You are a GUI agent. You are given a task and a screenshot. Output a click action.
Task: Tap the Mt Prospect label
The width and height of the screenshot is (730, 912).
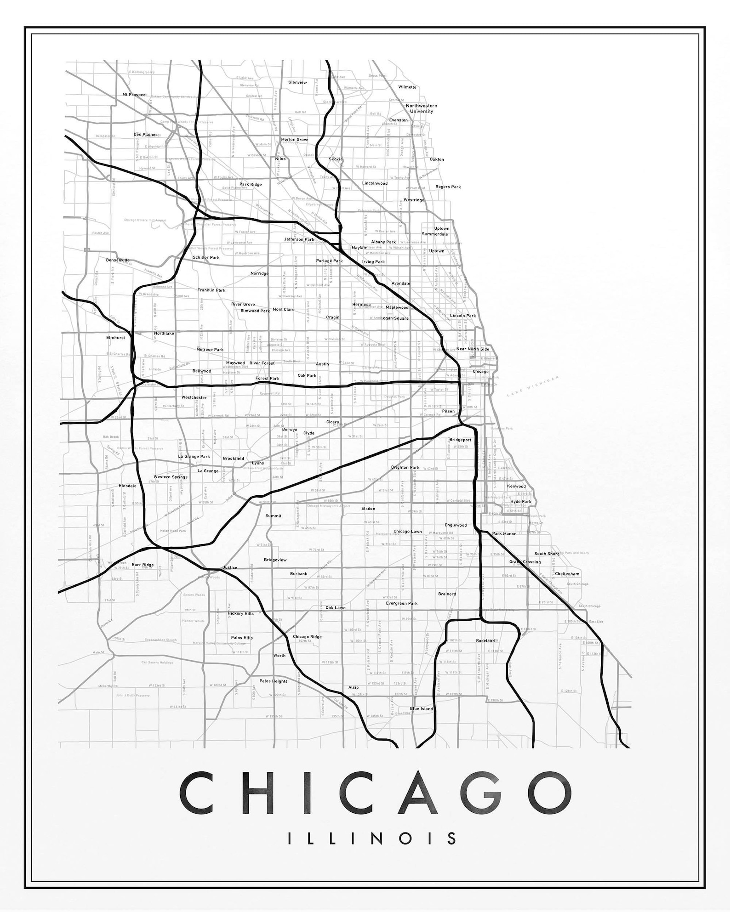tap(135, 95)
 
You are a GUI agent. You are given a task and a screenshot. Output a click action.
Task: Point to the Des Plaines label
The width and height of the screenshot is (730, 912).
tap(145, 135)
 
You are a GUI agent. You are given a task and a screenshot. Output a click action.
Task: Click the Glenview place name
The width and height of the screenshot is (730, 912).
tap(297, 83)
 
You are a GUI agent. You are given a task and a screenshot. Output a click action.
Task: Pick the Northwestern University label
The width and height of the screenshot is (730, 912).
tap(421, 108)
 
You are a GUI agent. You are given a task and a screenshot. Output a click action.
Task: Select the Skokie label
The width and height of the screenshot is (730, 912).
tap(336, 159)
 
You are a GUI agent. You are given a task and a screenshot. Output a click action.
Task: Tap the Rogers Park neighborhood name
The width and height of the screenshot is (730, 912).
tap(448, 187)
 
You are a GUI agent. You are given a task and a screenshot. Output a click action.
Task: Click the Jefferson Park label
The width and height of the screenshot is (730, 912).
tap(299, 239)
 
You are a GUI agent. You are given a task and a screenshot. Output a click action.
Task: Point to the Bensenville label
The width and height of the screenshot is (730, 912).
tap(118, 260)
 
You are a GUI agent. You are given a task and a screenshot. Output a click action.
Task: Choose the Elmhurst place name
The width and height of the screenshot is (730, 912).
tap(115, 338)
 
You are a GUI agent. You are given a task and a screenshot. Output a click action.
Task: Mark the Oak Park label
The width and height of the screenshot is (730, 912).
tap(307, 375)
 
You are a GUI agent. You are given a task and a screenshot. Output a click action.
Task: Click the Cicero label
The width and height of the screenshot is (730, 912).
tap(333, 422)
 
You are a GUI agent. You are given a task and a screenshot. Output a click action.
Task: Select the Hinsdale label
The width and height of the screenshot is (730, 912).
tap(127, 486)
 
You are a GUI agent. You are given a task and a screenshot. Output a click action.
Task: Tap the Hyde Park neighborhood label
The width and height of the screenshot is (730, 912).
tap(520, 502)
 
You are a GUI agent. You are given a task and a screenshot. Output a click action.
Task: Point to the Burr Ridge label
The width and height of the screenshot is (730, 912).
tap(143, 565)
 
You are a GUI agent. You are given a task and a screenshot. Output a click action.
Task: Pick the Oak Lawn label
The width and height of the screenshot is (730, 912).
tap(336, 607)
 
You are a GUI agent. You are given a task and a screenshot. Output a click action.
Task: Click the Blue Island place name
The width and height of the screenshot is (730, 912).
tap(422, 709)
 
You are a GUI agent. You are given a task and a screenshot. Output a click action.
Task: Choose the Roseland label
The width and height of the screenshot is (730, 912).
tap(485, 640)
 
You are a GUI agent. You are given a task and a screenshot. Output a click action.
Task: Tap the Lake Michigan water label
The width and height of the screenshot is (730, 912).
tap(533, 386)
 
